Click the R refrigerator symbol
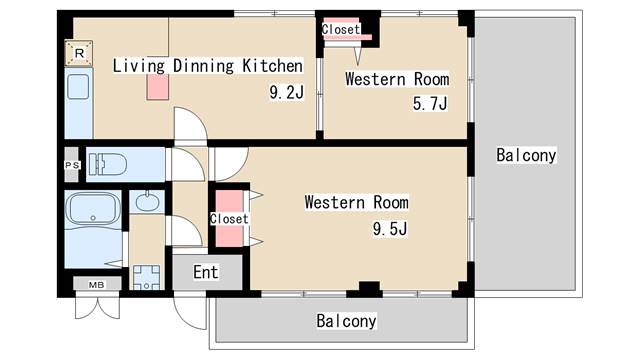79,53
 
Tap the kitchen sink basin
78,87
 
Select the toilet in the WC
108,164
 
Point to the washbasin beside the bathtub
147,202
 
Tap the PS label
72,165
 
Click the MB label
97,285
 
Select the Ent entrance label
206,272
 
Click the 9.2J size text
287,92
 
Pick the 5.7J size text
430,103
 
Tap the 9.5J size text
390,229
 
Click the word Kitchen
273,66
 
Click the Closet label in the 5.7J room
340,29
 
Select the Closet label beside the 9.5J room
229,219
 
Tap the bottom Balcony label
346,321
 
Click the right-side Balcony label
526,155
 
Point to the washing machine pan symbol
147,278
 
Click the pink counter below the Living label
158,87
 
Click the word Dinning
203,66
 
